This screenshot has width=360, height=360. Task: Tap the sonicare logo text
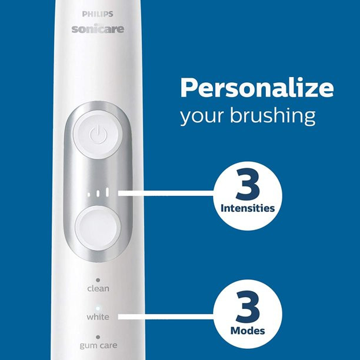[x=98, y=28]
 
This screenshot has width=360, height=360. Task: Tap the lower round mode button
[x=98, y=225]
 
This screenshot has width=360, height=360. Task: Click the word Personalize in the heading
[x=256, y=88]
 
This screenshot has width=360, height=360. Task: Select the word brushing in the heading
[x=277, y=116]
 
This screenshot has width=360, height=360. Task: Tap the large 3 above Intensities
[x=247, y=186]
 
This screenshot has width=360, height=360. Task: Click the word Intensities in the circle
[x=248, y=208]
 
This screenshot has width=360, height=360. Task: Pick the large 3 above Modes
[x=247, y=308]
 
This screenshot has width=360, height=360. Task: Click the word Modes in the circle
[x=248, y=331]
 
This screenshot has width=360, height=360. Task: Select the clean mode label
[x=98, y=289]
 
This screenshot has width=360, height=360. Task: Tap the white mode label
[x=98, y=317]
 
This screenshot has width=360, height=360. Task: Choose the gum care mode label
[x=98, y=345]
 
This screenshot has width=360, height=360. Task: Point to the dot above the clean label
[x=98, y=280]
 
